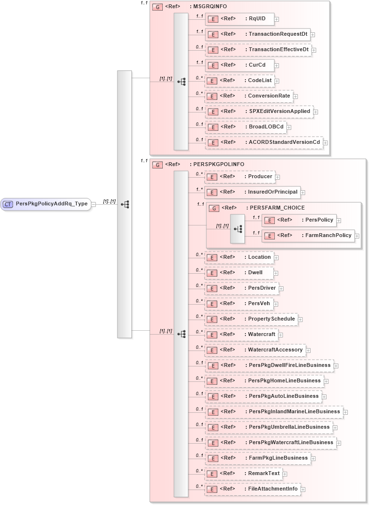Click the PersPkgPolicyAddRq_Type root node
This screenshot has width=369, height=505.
(x=46, y=204)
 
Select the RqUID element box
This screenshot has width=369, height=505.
(x=240, y=19)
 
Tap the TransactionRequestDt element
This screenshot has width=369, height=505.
(x=257, y=34)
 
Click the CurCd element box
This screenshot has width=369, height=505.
(x=240, y=65)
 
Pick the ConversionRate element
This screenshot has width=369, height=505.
(x=248, y=96)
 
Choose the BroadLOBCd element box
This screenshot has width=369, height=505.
(x=245, y=127)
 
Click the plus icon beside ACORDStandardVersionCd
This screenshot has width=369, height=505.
(x=326, y=143)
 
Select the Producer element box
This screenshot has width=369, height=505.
(x=240, y=177)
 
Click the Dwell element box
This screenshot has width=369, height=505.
(x=239, y=273)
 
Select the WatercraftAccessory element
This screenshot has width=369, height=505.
(x=255, y=350)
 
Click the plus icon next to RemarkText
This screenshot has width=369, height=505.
(x=285, y=474)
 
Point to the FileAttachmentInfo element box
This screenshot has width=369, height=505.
(x=252, y=489)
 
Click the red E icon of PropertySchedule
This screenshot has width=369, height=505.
(x=212, y=320)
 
